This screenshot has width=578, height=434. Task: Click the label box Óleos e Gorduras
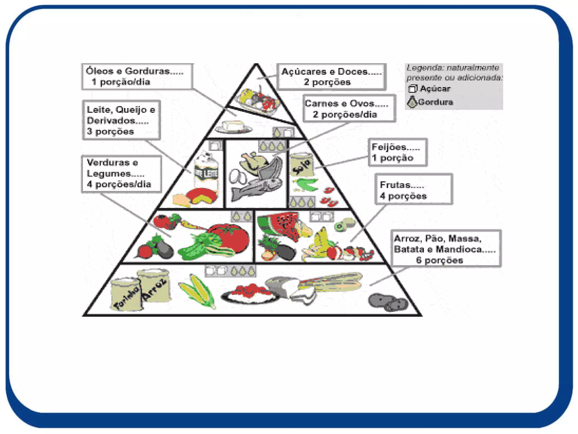(x=137, y=77)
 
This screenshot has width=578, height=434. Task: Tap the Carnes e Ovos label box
(x=349, y=109)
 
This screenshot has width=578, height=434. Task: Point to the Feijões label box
(x=398, y=152)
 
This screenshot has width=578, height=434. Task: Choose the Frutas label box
(x=413, y=189)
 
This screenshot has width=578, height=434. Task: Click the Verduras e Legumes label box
(x=121, y=174)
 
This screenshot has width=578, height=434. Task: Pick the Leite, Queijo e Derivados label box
(x=121, y=120)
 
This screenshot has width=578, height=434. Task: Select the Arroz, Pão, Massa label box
(x=446, y=249)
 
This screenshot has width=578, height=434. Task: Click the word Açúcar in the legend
(x=435, y=89)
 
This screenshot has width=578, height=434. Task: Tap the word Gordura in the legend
(x=435, y=102)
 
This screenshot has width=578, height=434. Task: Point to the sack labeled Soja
(x=302, y=165)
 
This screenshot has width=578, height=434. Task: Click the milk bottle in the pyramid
(x=206, y=172)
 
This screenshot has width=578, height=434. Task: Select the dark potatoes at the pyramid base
(x=388, y=302)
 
